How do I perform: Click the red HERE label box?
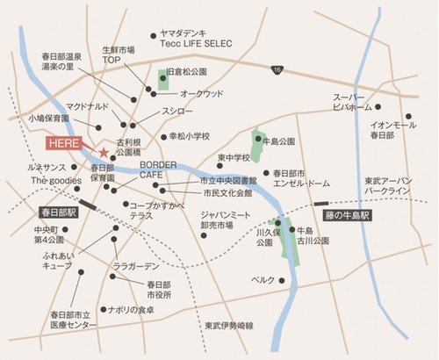(x=68, y=143)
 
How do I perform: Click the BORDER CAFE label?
(x=146, y=169)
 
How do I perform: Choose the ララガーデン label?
(x=135, y=265)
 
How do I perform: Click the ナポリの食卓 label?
(x=130, y=309)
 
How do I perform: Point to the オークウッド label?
(x=201, y=93)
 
